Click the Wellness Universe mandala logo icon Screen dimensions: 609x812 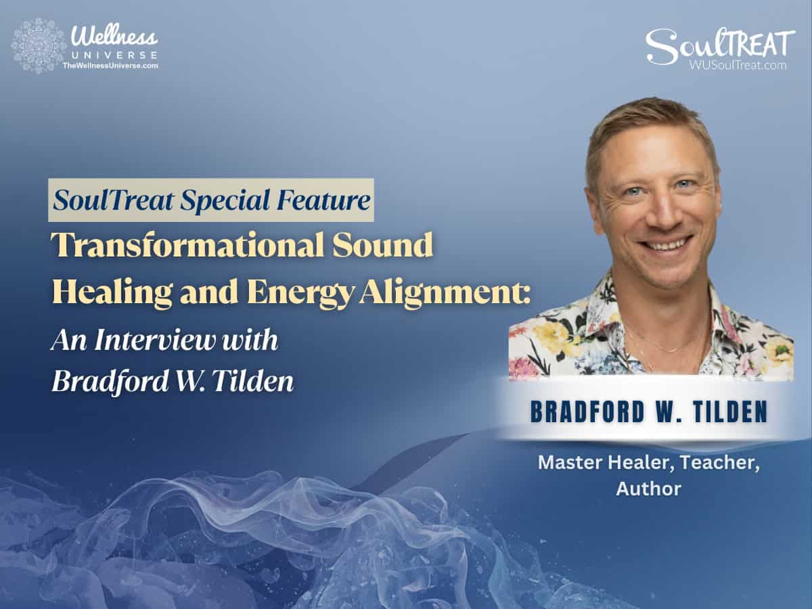pos(39,45)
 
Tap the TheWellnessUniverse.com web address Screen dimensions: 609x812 pos(110,66)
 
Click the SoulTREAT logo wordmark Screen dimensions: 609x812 pos(719,45)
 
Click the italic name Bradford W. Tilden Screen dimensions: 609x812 pos(173,382)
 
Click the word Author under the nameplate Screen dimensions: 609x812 pos(648,489)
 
